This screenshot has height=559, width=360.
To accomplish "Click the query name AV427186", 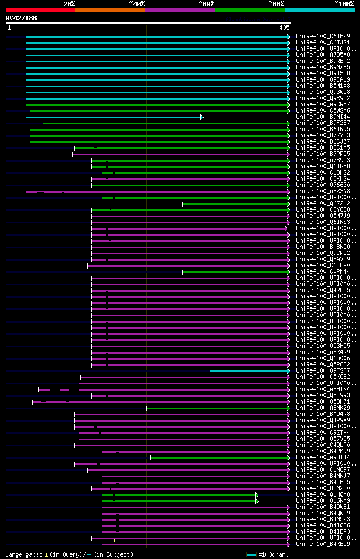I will [x=21, y=18].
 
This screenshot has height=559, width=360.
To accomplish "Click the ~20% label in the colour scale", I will [x=69, y=4].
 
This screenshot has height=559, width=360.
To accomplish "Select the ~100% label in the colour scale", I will [x=343, y=4].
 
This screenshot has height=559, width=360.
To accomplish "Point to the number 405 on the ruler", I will [x=283, y=28].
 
